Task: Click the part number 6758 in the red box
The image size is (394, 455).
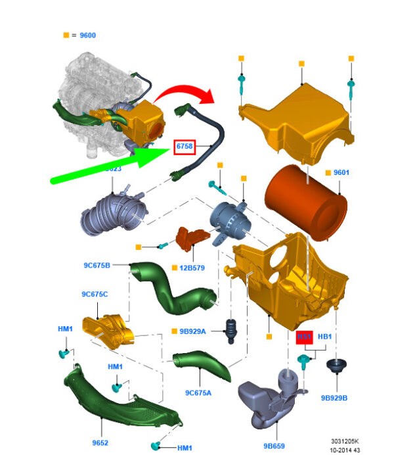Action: click(184, 148)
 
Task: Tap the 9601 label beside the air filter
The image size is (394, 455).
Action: click(341, 173)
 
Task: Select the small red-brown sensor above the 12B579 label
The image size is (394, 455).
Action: click(190, 240)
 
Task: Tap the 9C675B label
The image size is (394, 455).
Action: click(97, 266)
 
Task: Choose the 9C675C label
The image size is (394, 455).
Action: click(95, 294)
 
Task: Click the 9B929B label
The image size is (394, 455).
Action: click(334, 398)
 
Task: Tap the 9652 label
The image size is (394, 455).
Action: click(100, 443)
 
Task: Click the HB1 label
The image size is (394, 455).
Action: click(325, 336)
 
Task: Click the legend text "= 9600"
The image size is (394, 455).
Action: click(87, 34)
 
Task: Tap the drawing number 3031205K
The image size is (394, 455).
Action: click(347, 441)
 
